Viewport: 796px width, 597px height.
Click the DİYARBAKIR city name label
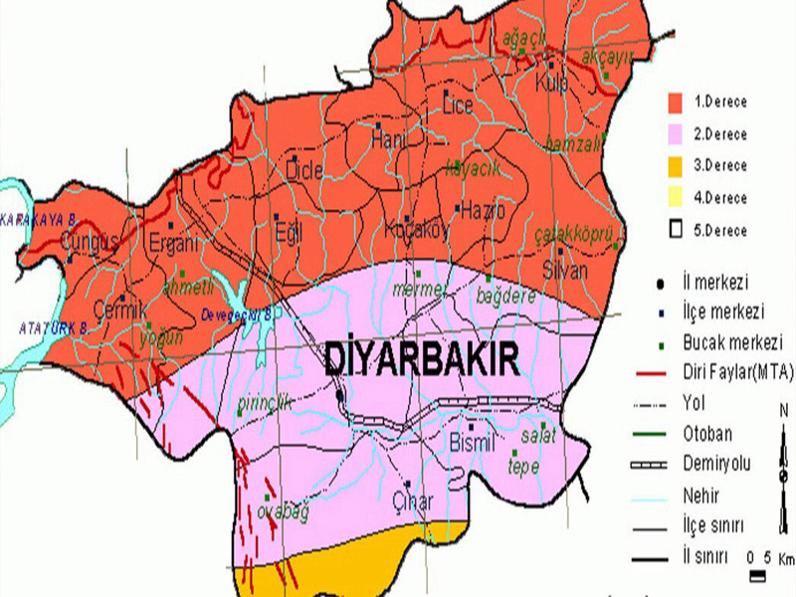(422, 359)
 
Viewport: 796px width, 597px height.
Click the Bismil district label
(472, 443)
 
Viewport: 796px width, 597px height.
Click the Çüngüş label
(90, 242)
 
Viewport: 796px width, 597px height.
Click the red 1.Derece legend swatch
(674, 101)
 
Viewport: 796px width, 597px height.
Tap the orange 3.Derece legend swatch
(674, 165)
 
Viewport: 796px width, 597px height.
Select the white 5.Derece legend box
(674, 230)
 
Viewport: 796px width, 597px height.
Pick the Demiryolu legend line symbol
(653, 465)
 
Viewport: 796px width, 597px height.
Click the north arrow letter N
(782, 410)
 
